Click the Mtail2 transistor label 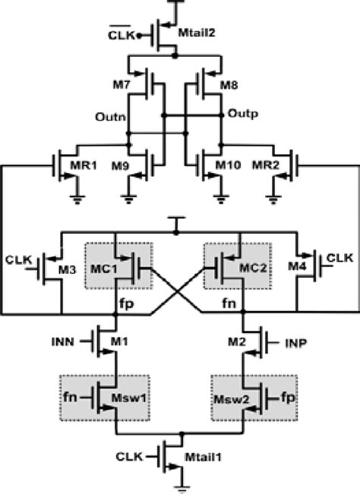tap(196, 33)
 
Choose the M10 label tap(224, 165)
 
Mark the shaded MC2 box tap(238, 266)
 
